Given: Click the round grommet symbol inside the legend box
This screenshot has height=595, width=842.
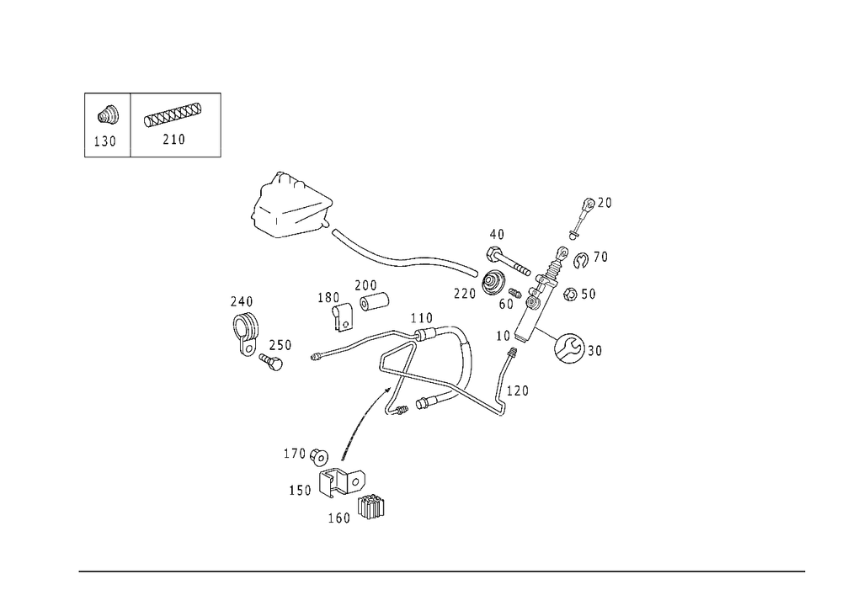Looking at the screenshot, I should pos(108,113).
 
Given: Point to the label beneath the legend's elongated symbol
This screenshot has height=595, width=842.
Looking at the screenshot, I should pos(173,140).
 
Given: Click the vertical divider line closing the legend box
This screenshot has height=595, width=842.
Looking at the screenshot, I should pos(222,125).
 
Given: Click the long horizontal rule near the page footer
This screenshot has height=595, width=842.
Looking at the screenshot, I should pos(442,570).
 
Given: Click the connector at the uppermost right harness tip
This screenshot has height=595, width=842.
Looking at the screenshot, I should pos(596,202).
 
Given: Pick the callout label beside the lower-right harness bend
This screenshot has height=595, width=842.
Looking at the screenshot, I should pos(520,390).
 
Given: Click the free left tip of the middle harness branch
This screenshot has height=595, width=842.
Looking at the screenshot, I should pos(313,358).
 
